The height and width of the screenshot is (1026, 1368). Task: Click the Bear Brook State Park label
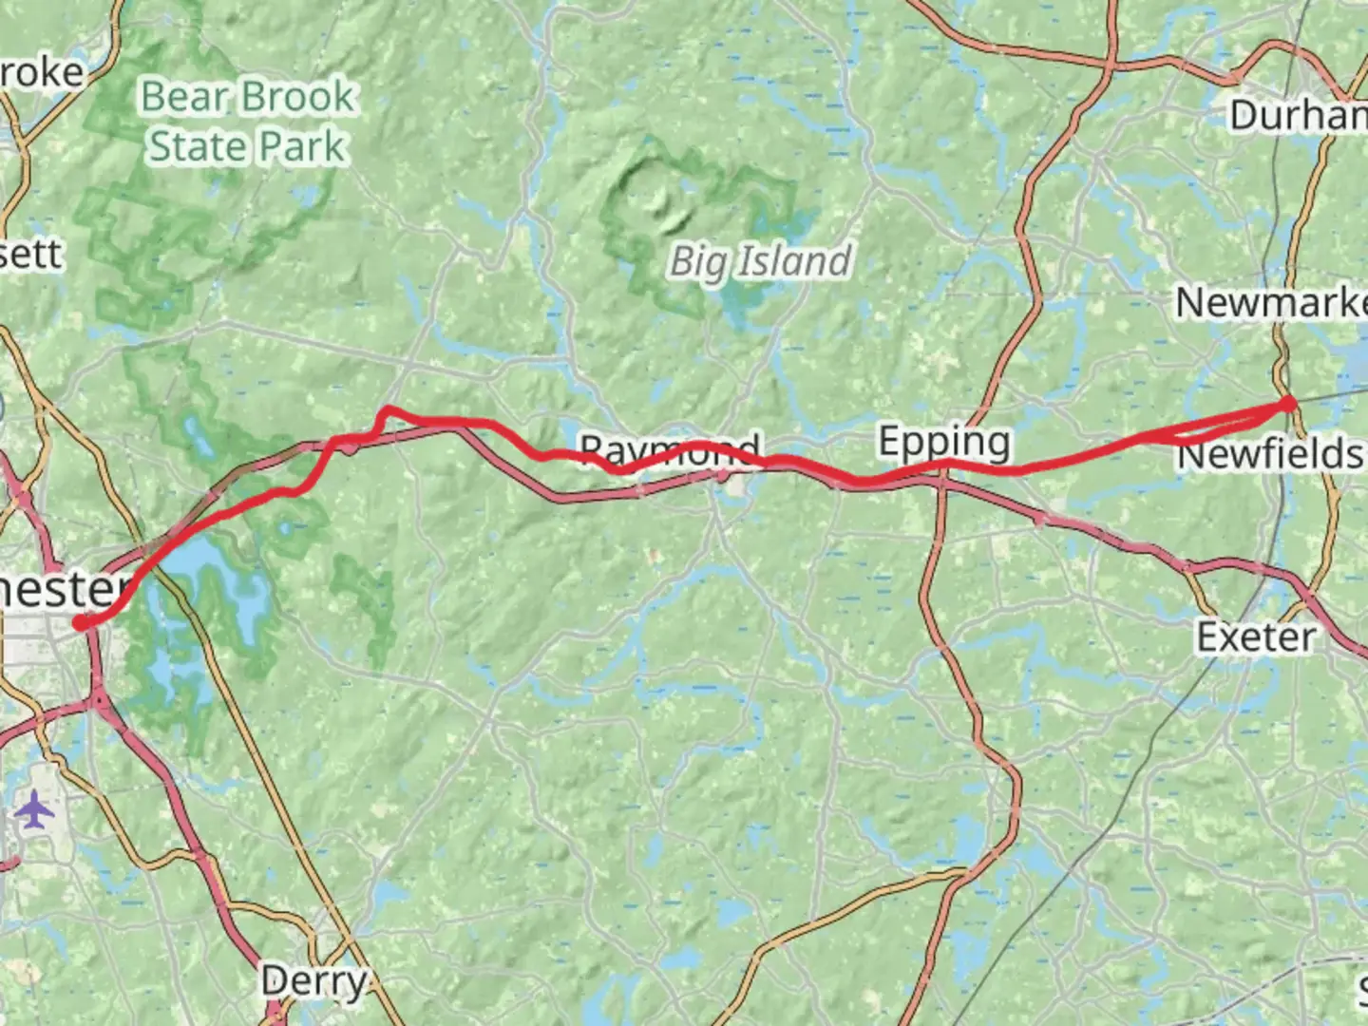pos(247,122)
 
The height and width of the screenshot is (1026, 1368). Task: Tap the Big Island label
pos(759,261)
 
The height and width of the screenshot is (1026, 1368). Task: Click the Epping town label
pos(943,442)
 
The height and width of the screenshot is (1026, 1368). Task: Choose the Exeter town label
pos(1256,636)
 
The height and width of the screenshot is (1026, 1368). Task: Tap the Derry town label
pos(313,981)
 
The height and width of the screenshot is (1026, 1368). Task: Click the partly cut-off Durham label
pos(1298,116)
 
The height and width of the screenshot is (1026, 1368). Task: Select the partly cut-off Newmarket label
pos(1271,303)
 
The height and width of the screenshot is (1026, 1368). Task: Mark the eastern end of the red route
pos(1289,404)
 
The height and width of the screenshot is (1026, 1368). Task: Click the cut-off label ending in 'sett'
pos(30,254)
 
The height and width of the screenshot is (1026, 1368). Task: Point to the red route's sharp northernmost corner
pos(385,410)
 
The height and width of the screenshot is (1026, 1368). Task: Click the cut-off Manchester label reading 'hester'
pos(62,589)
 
